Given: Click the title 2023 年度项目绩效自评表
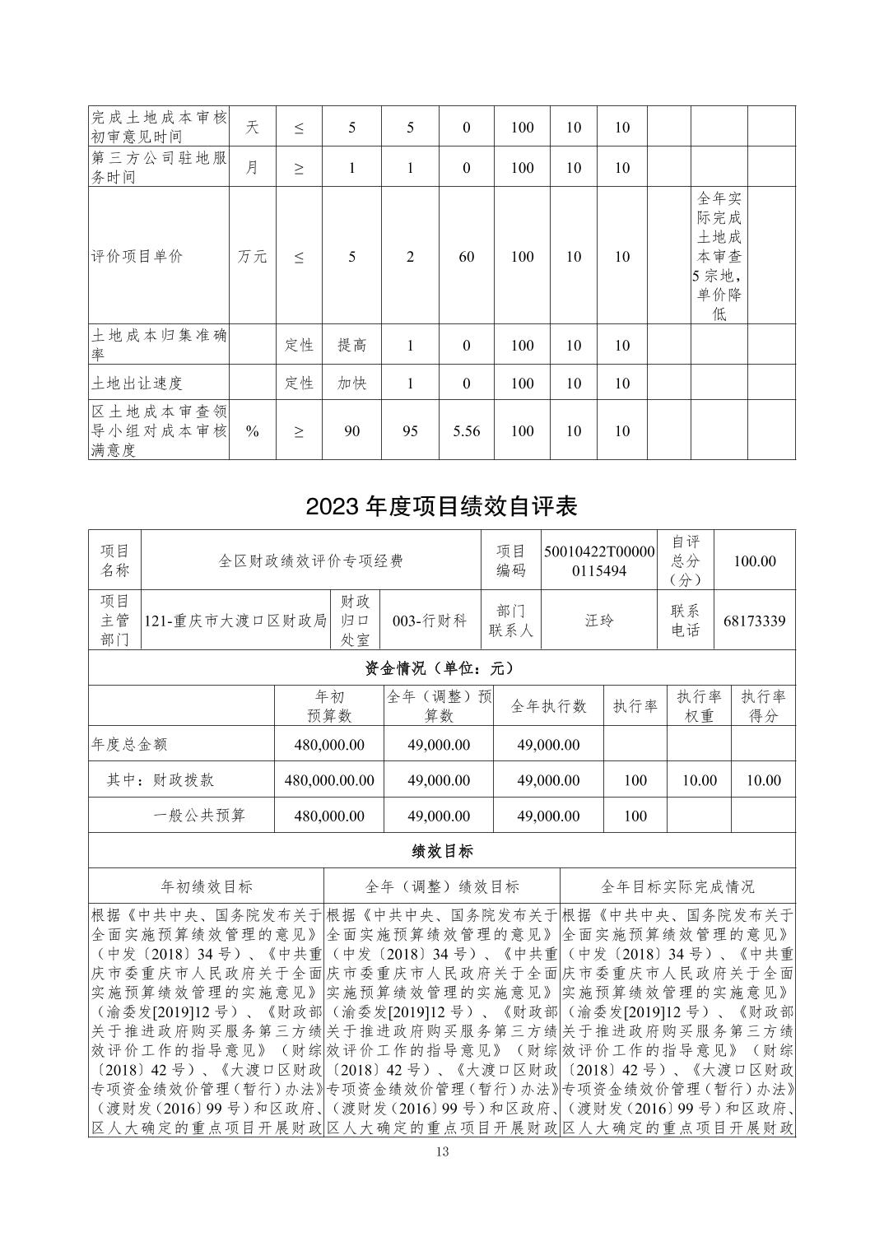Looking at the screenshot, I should (x=441, y=505).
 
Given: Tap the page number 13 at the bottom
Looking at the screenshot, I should (x=442, y=1151).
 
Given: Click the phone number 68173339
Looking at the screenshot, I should (x=754, y=620).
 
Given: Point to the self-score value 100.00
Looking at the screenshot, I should (x=754, y=560).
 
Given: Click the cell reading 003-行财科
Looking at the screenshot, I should (x=430, y=620).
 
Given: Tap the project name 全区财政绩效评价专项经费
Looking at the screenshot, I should (x=310, y=560).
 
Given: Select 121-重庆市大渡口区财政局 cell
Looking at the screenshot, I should (x=235, y=620).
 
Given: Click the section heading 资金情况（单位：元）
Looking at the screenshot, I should (x=441, y=667).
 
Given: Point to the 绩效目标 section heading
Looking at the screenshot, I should (x=441, y=851).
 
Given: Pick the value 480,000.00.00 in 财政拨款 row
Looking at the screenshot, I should (x=329, y=780).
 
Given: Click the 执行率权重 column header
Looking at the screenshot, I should (x=699, y=706).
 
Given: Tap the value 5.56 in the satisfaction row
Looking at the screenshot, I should (x=466, y=430).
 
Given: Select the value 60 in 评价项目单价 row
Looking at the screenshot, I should (x=466, y=256).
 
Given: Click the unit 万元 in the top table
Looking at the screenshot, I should (x=253, y=256).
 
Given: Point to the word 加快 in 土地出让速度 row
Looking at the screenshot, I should (x=351, y=384).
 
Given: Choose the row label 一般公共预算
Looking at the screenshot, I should (x=199, y=816).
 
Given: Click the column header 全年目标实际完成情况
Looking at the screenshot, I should (x=677, y=886).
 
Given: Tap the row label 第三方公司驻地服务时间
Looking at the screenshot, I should (x=159, y=167).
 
